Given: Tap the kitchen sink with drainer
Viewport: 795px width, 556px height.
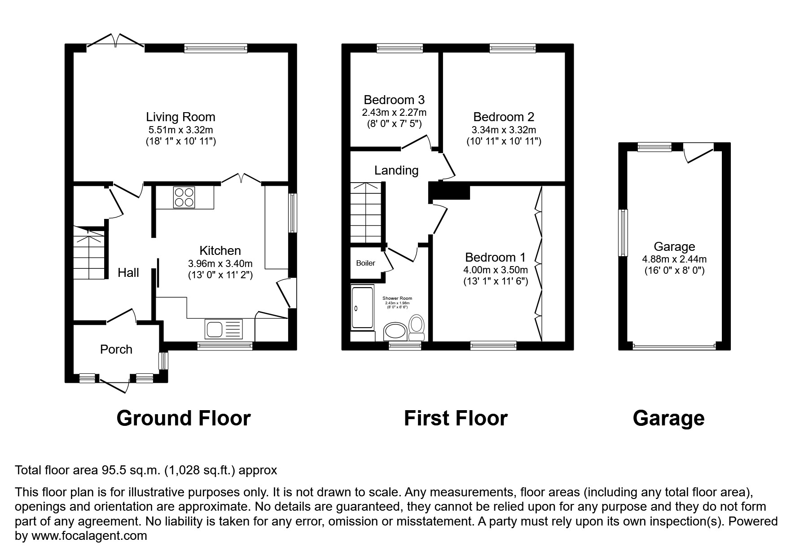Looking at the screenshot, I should [224, 329].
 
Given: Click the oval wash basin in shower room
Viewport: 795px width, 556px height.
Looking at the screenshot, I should [395, 332].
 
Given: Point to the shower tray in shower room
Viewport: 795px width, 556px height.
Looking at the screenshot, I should [363, 308].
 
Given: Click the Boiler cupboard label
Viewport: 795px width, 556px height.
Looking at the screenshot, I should [365, 263].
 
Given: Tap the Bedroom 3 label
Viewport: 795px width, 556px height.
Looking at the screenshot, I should [394, 100].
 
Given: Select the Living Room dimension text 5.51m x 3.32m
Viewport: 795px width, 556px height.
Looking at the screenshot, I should [180, 130].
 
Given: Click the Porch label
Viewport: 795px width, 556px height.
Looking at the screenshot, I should [116, 349].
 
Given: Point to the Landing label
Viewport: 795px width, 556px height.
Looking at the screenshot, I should [396, 171].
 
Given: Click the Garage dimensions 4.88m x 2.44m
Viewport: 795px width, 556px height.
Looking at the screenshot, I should [674, 259].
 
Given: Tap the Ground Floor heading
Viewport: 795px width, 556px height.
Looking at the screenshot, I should [183, 418].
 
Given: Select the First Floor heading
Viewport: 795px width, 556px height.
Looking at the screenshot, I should [455, 418].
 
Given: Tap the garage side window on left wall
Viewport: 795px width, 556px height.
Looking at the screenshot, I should [623, 232].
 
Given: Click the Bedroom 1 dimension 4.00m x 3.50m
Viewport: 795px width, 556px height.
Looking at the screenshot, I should [495, 270].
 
